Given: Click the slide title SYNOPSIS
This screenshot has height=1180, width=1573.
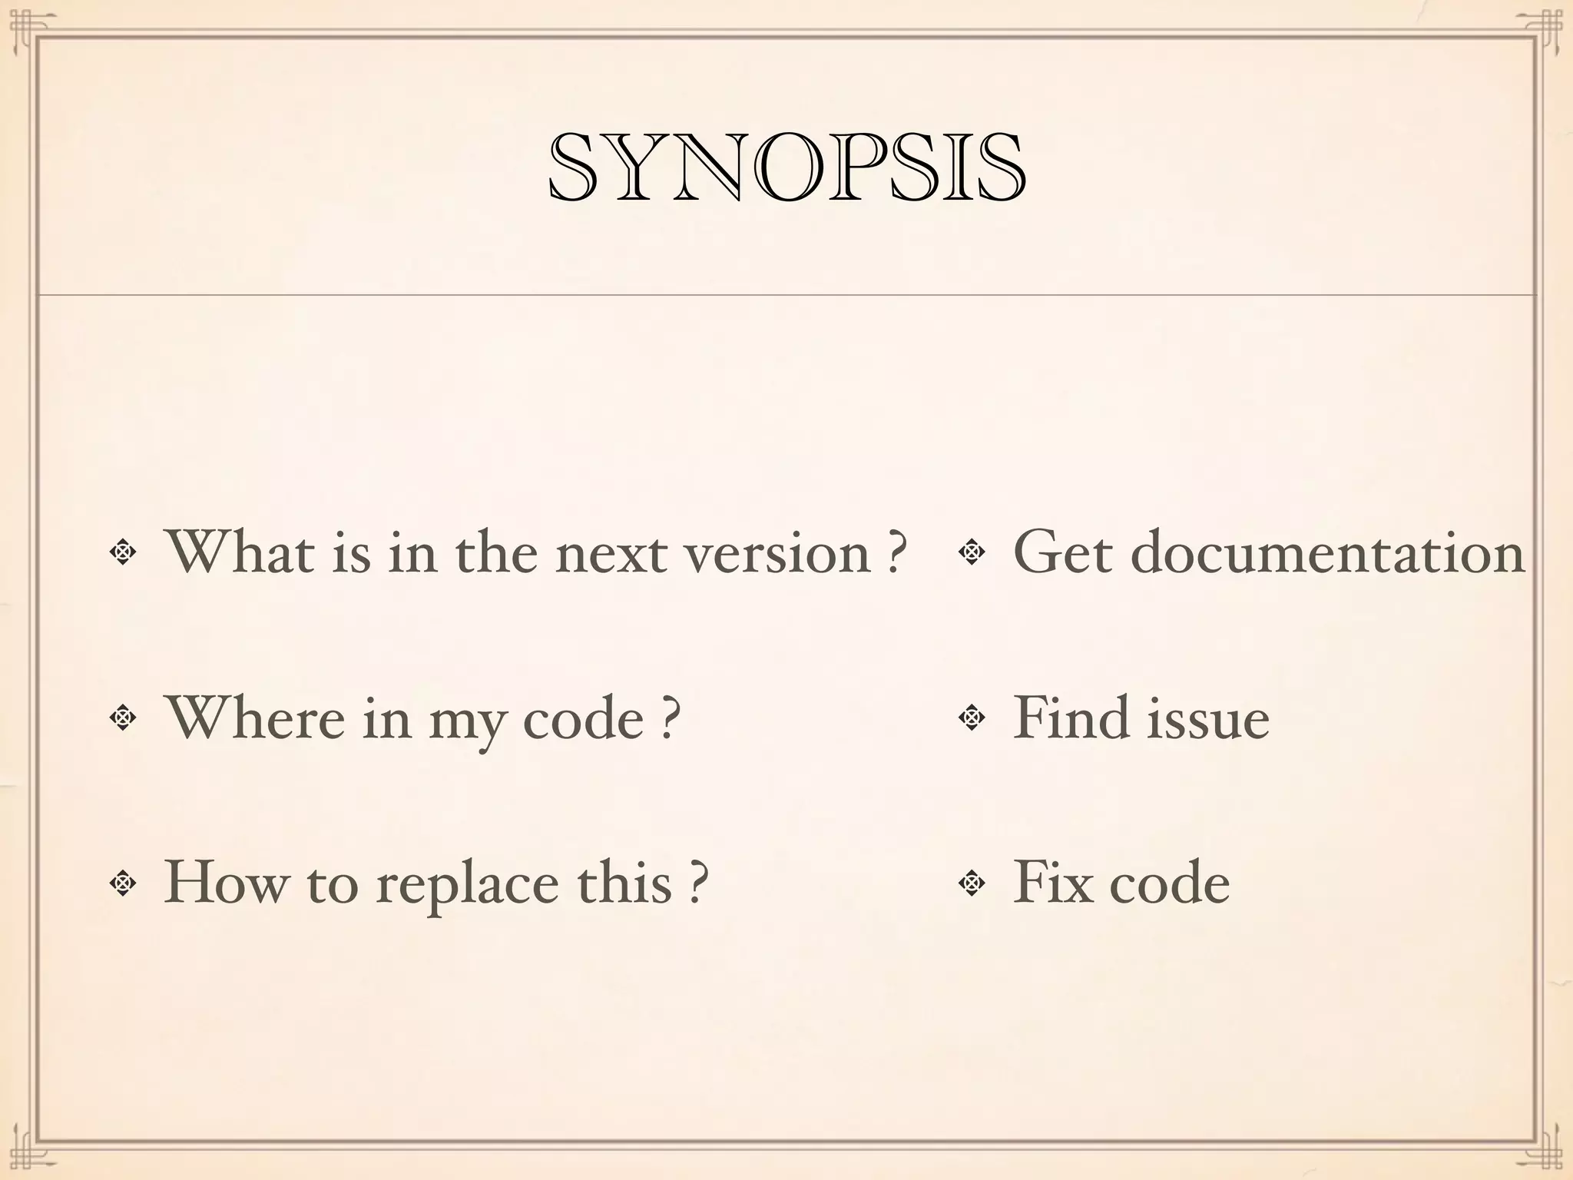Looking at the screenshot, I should pos(786,167).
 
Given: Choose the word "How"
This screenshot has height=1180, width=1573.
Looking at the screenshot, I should pos(224,882).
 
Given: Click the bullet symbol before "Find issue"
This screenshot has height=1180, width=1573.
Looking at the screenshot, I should pos(972,718).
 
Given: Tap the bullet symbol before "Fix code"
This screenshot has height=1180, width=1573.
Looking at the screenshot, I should pos(972,883).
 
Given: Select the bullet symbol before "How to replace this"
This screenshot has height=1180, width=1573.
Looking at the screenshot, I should pos(122,883).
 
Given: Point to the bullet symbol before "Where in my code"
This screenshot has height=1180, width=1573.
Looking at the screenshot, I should pos(122,718).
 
